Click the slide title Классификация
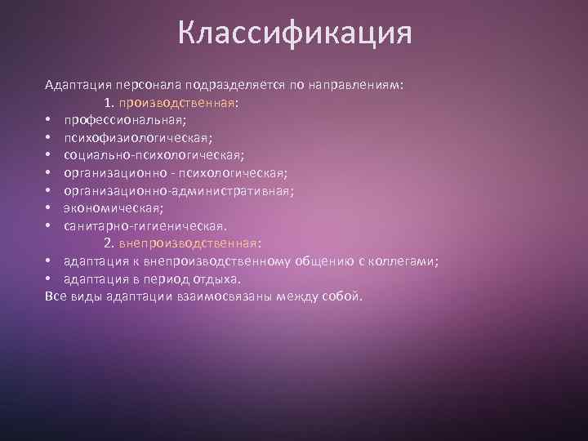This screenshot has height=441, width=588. click(294, 34)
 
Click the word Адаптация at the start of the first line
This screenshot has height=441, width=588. click(78, 85)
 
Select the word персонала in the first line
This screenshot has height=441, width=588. click(149, 85)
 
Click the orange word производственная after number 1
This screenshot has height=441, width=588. click(176, 103)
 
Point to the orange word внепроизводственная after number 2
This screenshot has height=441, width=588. click(188, 243)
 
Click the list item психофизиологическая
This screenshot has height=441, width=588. click(139, 138)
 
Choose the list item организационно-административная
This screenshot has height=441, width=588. click(179, 190)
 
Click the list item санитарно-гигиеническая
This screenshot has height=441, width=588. click(145, 225)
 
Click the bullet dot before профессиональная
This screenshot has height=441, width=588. click(49, 121)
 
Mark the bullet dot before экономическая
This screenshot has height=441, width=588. click(49, 209)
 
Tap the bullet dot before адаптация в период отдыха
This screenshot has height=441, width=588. click(49, 278)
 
